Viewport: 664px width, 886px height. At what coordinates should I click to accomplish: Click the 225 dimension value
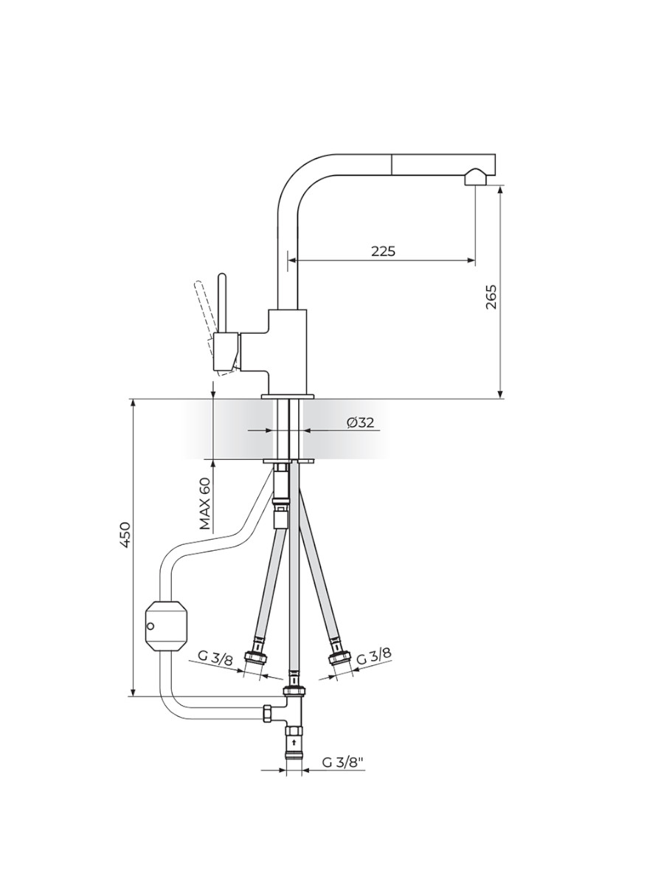tap(383, 251)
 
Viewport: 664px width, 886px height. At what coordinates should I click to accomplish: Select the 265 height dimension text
tap(491, 297)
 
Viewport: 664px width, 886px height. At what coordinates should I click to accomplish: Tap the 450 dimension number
tap(125, 535)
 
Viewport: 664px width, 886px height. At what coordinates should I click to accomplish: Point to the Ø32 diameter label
tap(361, 422)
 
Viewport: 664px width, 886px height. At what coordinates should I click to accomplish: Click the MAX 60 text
tap(205, 504)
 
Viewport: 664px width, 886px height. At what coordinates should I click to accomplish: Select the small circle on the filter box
tap(151, 637)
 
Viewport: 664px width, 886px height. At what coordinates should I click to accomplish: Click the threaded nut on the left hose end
tap(257, 658)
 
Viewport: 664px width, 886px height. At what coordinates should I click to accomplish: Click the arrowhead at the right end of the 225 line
tap(471, 261)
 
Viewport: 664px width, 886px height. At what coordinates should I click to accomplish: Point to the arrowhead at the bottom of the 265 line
tap(500, 394)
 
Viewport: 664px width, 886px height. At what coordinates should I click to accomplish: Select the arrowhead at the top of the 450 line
tap(133, 405)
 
